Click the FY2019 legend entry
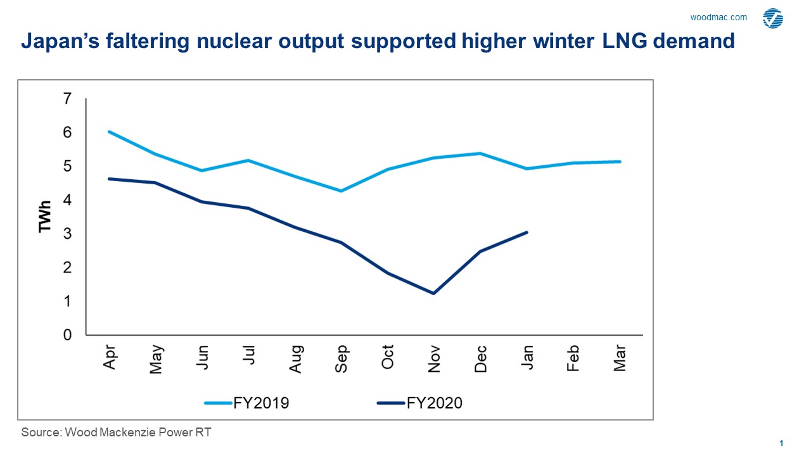click(246, 403)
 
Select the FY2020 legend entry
click(419, 403)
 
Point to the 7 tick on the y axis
click(67, 99)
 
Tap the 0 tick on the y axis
click(67, 334)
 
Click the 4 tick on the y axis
click(67, 200)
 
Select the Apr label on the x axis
click(110, 358)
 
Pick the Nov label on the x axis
click(434, 358)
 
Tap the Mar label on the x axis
click(620, 358)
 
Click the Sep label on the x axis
click(342, 358)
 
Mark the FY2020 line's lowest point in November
click(434, 293)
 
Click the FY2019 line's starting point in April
click(110, 132)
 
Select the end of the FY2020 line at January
click(527, 232)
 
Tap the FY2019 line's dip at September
click(342, 191)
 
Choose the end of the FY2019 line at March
click(620, 161)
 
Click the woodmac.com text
click(718, 18)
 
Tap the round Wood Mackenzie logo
click(772, 18)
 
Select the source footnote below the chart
click(116, 433)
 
